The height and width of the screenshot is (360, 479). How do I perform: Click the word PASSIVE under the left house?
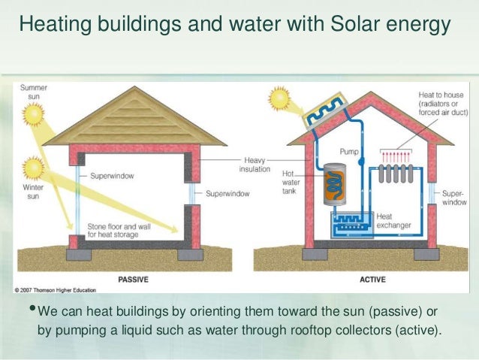[x=133, y=280]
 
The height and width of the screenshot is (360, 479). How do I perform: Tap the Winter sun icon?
[x=34, y=165]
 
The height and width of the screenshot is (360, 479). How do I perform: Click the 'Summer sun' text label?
[x=33, y=92]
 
